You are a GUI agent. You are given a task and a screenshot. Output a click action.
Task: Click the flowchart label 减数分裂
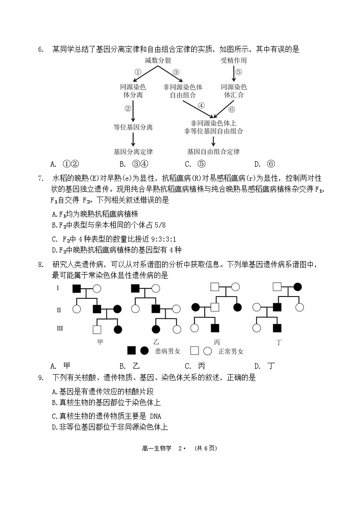[x=158, y=61]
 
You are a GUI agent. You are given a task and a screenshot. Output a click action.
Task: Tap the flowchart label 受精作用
[x=233, y=61]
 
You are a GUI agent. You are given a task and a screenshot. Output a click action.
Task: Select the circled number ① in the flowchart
[x=138, y=72]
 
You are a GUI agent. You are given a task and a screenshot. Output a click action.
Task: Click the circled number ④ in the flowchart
[x=201, y=106]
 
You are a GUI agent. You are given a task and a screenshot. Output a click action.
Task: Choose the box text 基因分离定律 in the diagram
[x=133, y=152]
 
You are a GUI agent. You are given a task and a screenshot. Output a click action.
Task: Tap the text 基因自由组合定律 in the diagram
[x=213, y=152]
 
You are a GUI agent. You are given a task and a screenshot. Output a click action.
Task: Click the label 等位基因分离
[x=133, y=128]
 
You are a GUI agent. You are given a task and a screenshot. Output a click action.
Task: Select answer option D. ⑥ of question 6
[x=264, y=164]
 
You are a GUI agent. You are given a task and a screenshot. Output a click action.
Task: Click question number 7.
[x=40, y=178]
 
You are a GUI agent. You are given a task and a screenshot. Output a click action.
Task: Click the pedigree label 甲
[x=100, y=341]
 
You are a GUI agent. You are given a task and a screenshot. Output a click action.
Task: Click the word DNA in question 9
[x=155, y=416]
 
